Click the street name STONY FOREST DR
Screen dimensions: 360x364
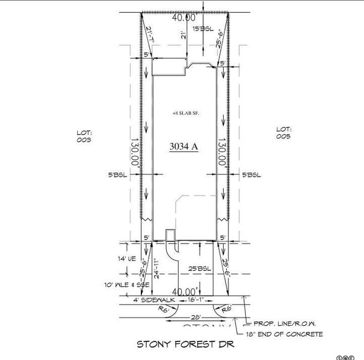(184, 344)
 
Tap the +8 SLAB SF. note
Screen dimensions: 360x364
(185, 113)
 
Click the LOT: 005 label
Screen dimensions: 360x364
(283, 133)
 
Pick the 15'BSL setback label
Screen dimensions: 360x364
(203, 28)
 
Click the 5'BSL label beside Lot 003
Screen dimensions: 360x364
(117, 175)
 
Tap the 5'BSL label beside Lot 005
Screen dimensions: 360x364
(251, 175)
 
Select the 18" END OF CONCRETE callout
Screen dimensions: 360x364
(284, 334)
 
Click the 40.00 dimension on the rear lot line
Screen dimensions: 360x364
(183, 18)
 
